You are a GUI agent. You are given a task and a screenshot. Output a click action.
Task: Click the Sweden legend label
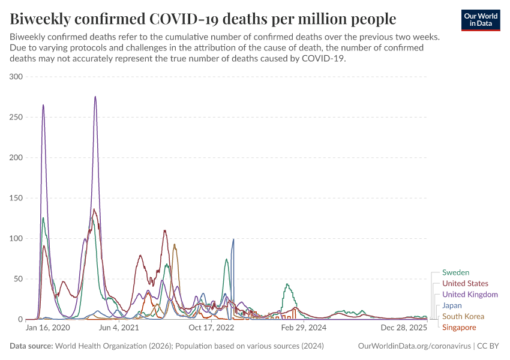tap(455, 272)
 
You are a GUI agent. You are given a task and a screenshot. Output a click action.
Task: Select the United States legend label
tap(465, 283)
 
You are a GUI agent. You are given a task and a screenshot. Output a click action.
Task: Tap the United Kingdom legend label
tap(470, 295)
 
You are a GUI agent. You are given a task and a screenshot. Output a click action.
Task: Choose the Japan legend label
tap(452, 305)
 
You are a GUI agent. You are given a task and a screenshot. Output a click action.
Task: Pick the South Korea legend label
tap(463, 316)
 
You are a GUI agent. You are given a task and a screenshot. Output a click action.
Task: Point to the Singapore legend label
tap(459, 327)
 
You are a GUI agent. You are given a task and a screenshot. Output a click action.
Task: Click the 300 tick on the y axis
tap(16, 77)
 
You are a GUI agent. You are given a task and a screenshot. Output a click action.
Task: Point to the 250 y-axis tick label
tap(16, 117)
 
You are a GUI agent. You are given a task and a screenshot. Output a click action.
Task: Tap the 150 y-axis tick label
tap(16, 198)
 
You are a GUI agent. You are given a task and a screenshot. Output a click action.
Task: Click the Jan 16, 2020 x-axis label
tap(48, 328)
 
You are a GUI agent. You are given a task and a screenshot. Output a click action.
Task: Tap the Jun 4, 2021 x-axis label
tap(122, 328)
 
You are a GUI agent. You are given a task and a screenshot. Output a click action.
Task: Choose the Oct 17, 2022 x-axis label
tap(211, 328)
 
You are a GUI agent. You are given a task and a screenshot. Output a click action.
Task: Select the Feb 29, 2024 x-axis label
tap(304, 328)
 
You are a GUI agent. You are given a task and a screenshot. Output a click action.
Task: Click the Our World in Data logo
tap(481, 19)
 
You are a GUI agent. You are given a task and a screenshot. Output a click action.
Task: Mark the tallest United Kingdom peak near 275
tap(95, 97)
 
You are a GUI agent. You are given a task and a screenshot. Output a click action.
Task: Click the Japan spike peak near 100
tap(233, 239)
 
